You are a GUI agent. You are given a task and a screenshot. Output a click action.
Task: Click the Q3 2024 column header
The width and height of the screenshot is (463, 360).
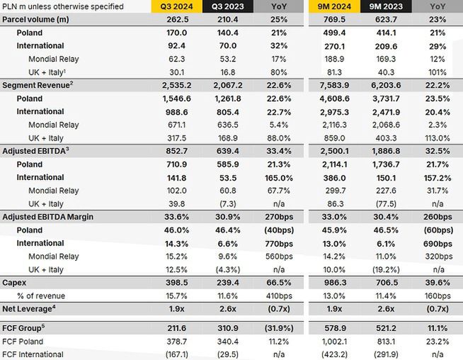click(176, 6)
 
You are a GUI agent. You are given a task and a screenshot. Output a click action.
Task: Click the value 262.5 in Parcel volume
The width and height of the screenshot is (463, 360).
click(176, 20)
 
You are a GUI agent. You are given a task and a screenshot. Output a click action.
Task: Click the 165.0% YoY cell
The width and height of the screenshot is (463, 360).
click(276, 177)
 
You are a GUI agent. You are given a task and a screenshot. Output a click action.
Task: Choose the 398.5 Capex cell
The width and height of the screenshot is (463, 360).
click(176, 282)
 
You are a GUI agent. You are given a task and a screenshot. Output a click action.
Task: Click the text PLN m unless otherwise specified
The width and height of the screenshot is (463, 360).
click(63, 6)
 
